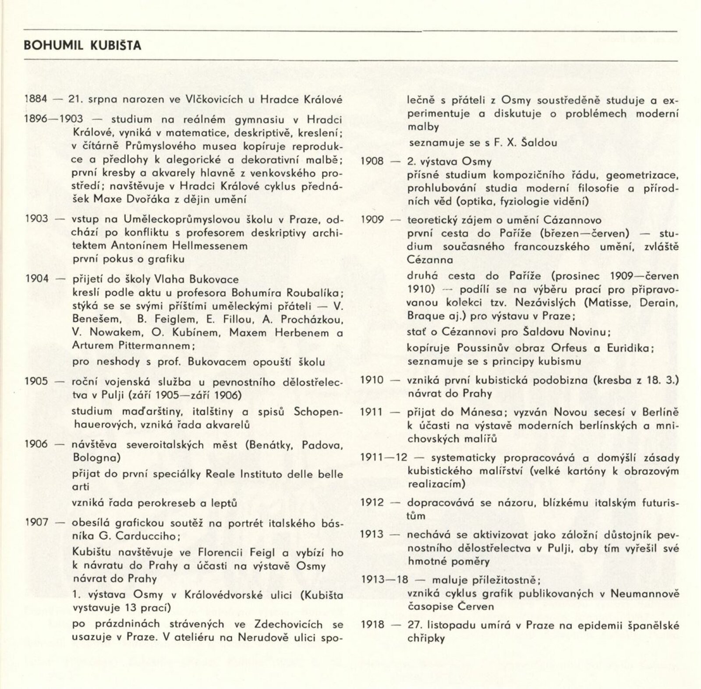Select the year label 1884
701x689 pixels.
36,99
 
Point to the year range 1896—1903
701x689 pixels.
53,119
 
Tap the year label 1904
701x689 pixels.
37,279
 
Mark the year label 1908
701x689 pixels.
372,161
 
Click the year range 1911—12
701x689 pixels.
384,458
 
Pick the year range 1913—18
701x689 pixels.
384,580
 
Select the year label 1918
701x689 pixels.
372,625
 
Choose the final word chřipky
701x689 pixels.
426,639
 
